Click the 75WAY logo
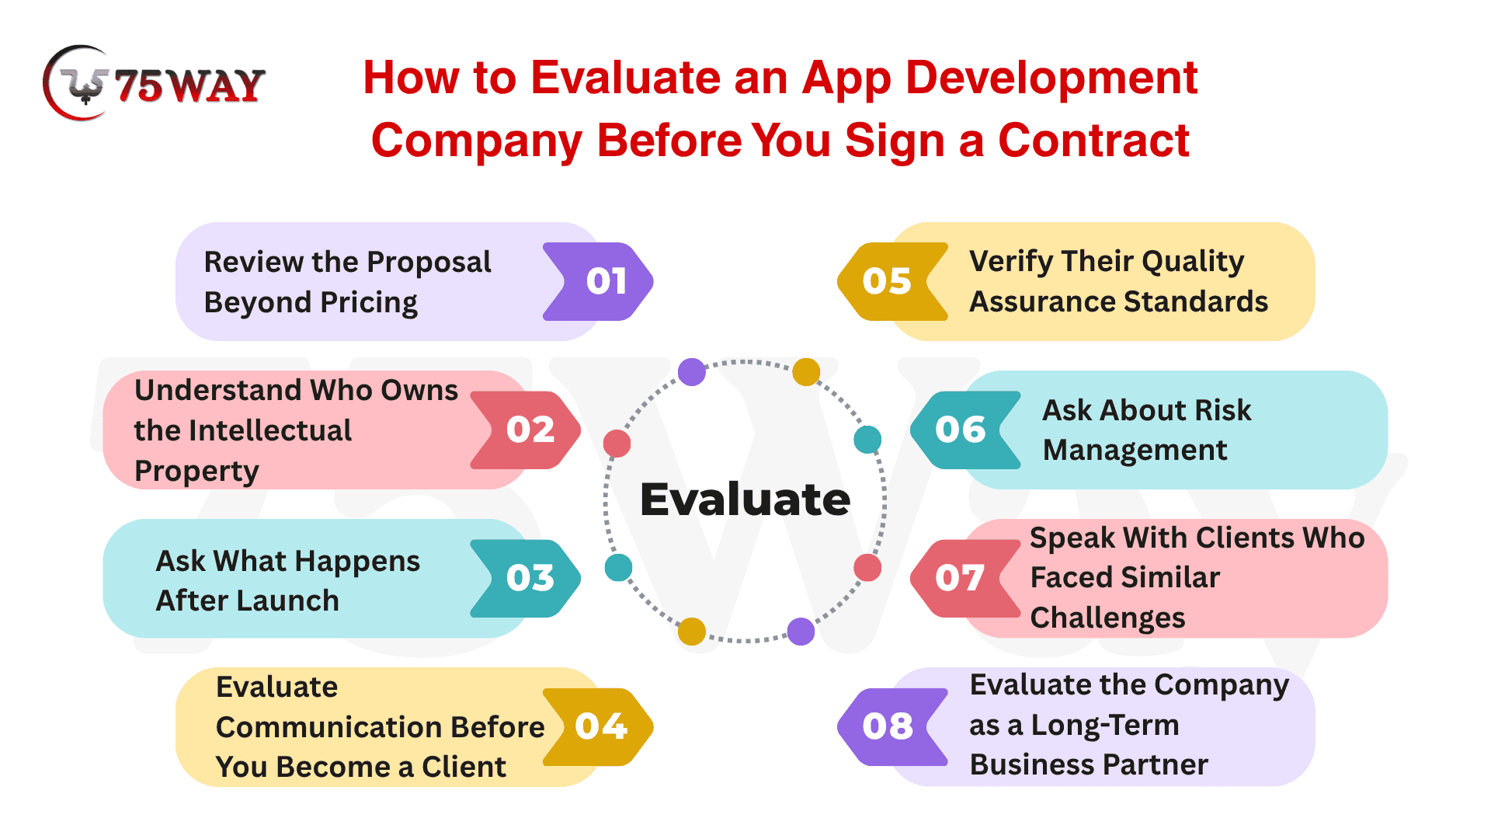pos(154,83)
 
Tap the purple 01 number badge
pos(598,281)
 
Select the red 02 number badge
pos(526,430)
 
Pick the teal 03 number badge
pos(526,578)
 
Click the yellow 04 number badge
pos(598,726)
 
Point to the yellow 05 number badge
pos(893,281)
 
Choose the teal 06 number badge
pos(966,430)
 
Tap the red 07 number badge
pos(966,578)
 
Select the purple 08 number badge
pos(893,726)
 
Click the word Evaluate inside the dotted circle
pos(745,499)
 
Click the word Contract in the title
pos(1093,141)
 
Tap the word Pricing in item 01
pos(369,303)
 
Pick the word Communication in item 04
pos(328,727)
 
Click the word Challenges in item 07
pos(1107,618)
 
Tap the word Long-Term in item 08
pos(1105,726)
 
